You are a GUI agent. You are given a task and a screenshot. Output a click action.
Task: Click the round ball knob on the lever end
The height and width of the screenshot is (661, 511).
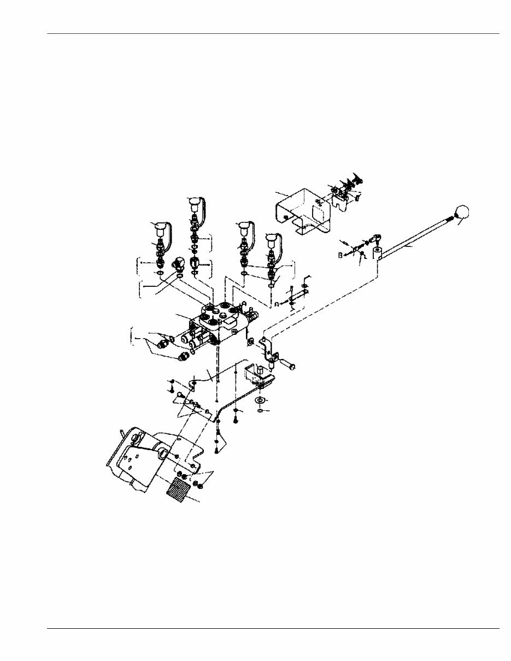point(462,213)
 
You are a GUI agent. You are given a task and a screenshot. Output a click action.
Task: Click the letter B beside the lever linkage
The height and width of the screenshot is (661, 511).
point(340,254)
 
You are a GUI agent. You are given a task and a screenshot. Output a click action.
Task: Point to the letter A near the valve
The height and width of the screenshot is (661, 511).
point(278,303)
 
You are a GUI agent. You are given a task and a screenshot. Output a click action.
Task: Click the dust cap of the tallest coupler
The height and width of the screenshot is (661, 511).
point(194,204)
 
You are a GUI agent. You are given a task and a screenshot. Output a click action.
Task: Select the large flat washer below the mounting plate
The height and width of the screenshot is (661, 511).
point(261,400)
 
